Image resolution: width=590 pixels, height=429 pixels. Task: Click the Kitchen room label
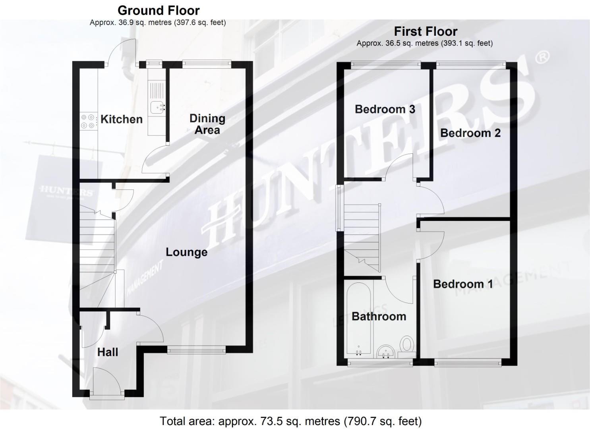pos(121,119)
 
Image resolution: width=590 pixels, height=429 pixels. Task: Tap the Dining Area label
pos(207,124)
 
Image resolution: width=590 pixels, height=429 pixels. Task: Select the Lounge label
pos(186,252)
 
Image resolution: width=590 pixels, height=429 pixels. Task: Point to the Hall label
pos(108,352)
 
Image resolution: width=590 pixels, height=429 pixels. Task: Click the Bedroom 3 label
pos(385,109)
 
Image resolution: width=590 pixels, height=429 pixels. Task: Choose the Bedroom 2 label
pos(470,133)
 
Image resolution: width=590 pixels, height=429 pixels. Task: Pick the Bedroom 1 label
pos(463,284)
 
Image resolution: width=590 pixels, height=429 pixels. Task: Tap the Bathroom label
pos(379,316)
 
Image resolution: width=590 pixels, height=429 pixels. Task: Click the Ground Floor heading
pos(159,10)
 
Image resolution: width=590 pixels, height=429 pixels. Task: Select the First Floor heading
pos(426,31)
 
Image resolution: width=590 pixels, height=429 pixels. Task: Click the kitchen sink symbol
pos(158,106)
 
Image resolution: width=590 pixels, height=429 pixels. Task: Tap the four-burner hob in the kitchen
pos(88,121)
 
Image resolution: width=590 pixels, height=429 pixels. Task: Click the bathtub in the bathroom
pos(359,322)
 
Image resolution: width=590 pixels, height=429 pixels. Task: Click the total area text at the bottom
pos(290,421)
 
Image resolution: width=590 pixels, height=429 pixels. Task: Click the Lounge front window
pos(196,350)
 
